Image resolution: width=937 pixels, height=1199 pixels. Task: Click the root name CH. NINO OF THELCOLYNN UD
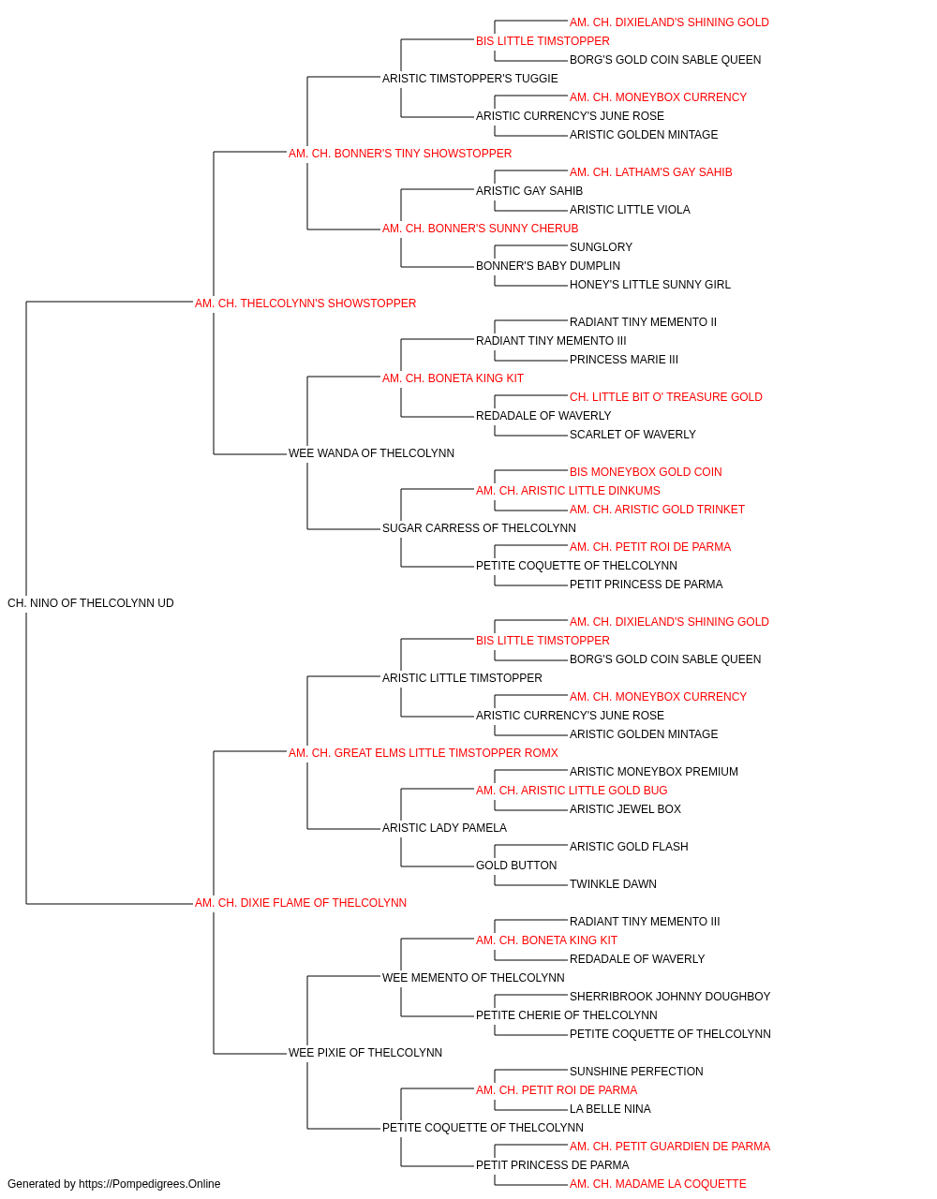(91, 603)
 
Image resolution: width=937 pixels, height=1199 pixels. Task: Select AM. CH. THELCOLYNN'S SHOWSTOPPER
(305, 303)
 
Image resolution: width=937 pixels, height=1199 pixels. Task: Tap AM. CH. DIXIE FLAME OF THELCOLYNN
(301, 903)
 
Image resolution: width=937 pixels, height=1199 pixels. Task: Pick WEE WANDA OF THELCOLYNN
(371, 453)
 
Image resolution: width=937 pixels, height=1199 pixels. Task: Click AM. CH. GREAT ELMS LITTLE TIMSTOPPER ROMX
(424, 752)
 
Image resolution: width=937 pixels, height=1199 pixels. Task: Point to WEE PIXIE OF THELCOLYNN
(365, 1053)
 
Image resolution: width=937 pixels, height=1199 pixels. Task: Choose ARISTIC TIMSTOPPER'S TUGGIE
(470, 79)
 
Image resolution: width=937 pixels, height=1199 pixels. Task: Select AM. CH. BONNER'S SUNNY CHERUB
(480, 229)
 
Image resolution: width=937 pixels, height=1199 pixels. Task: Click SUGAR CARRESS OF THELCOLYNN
(479, 528)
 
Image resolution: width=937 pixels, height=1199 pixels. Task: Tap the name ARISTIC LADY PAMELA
(444, 828)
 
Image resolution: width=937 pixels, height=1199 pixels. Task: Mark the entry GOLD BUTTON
(516, 866)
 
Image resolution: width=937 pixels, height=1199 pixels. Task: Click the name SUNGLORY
(601, 247)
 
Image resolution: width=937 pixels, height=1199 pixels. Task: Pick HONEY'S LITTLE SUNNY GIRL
(650, 285)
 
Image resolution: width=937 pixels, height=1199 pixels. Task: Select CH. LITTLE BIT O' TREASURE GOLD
(666, 397)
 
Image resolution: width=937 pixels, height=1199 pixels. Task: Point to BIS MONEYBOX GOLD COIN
(646, 472)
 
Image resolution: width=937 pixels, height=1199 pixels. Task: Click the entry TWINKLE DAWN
(613, 884)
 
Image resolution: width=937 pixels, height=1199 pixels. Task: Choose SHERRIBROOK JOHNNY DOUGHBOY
(670, 997)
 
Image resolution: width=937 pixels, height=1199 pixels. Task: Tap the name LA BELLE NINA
(610, 1109)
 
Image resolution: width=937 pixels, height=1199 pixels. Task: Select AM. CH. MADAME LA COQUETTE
(658, 1184)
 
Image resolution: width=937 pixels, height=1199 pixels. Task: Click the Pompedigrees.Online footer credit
(113, 1184)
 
